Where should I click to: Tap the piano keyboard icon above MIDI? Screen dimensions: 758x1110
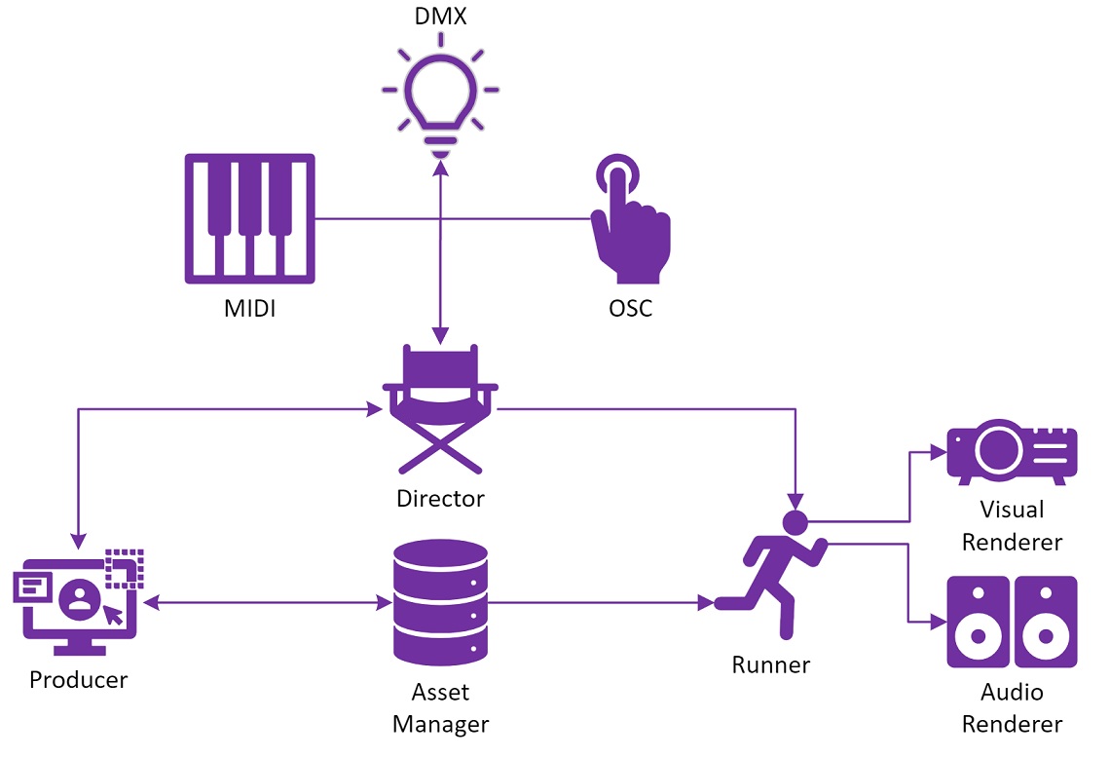point(250,218)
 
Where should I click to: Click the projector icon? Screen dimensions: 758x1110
point(1013,453)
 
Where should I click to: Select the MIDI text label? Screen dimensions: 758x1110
point(249,309)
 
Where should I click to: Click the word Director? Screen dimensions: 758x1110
point(440,499)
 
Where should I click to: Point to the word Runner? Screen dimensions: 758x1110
point(771,664)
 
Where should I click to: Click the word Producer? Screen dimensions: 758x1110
point(78,679)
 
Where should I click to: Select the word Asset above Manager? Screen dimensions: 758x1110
point(440,692)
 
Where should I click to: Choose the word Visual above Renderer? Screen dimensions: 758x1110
point(1013,510)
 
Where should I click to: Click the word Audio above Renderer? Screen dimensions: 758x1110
point(1013,693)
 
